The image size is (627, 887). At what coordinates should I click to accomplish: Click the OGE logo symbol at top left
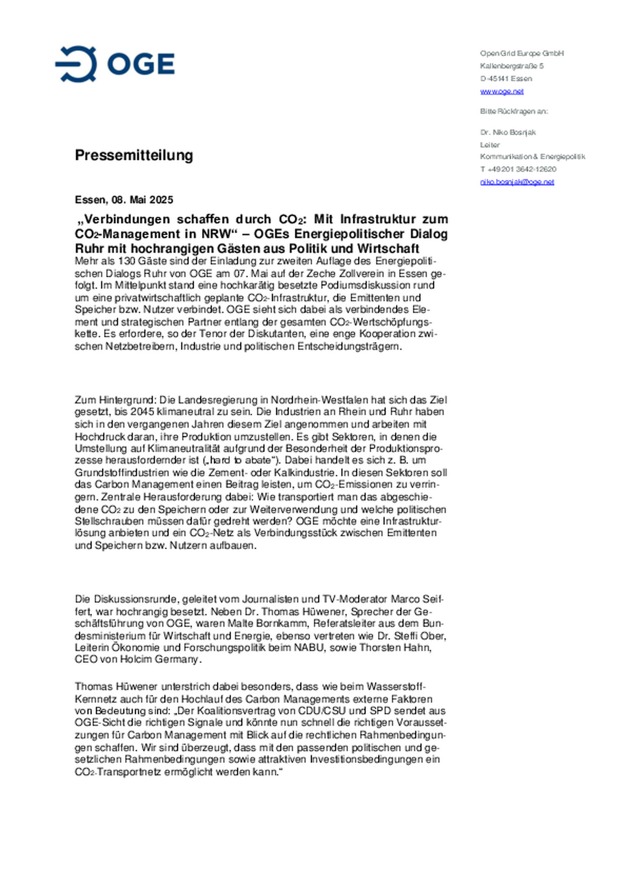76,64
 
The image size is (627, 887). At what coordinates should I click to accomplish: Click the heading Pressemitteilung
134,155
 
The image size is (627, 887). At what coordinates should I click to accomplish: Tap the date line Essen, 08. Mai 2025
124,200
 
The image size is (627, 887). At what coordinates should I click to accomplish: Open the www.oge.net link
502,91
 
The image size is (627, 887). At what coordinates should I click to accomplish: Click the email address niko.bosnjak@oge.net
517,182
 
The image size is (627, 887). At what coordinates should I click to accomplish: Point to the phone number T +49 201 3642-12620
518,169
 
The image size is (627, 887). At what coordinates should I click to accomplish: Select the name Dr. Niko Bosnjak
508,132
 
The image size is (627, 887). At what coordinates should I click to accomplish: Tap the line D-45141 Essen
506,79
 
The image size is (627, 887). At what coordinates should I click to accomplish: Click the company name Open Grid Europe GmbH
522,54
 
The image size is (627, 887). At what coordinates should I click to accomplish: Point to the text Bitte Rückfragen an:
514,112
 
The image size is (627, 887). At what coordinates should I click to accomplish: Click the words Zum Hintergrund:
115,400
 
